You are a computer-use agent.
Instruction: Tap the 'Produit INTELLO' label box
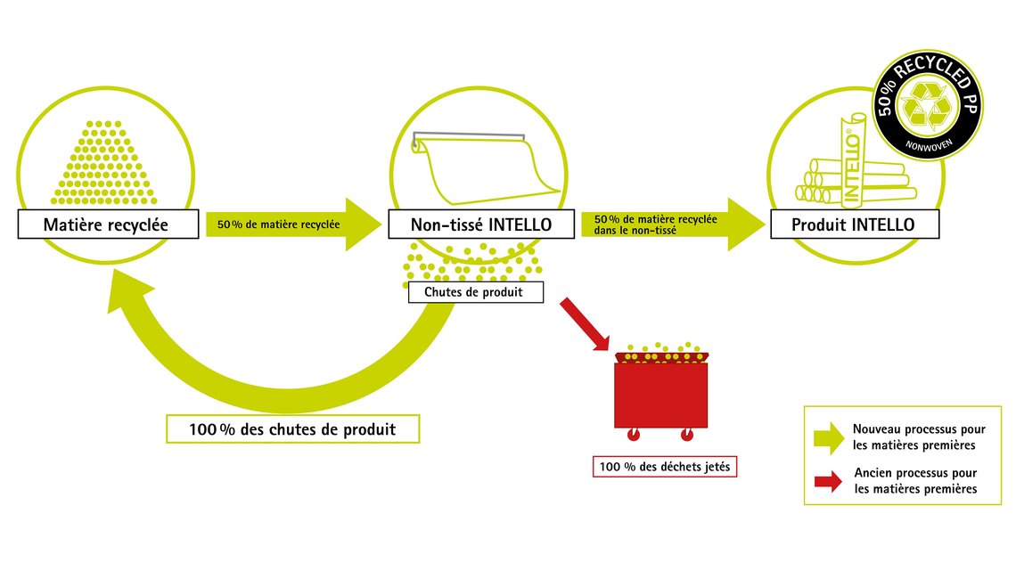[x=853, y=224]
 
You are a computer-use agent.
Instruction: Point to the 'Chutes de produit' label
[x=475, y=292]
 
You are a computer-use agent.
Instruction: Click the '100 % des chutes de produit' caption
[x=292, y=429]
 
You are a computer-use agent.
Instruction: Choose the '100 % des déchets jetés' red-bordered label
[x=665, y=466]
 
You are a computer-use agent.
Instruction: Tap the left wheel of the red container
[x=634, y=436]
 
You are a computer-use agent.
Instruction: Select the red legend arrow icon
[x=829, y=481]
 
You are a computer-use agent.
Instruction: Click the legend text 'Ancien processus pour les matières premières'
[x=914, y=481]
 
